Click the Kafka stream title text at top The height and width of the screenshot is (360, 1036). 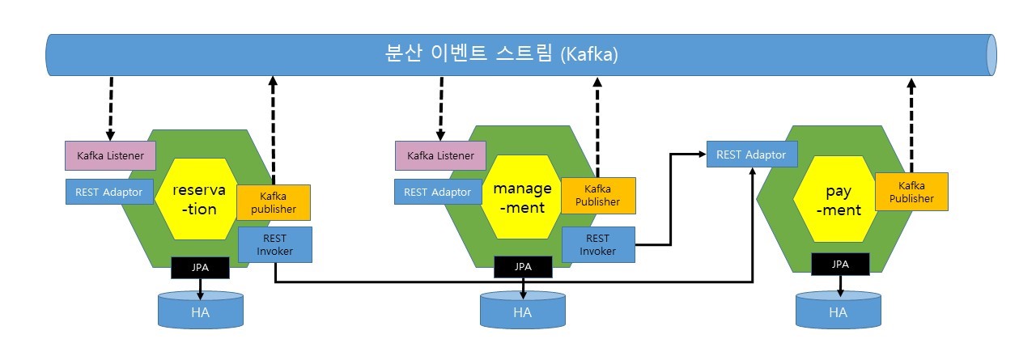pyautogui.click(x=502, y=55)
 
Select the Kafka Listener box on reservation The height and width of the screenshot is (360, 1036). pyautogui.click(x=109, y=155)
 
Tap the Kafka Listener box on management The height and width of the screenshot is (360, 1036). pyautogui.click(x=439, y=155)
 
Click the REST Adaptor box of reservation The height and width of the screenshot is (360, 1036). pyautogui.click(x=108, y=192)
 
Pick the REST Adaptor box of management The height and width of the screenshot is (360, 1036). pyautogui.click(x=437, y=192)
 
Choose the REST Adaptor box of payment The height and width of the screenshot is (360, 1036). pyautogui.click(x=752, y=154)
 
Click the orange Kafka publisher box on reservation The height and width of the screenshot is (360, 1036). pyautogui.click(x=273, y=203)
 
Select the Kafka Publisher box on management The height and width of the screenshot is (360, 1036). pyautogui.click(x=597, y=196)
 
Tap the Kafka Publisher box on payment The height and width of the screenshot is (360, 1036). pyautogui.click(x=911, y=193)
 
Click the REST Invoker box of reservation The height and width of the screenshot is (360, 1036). pyautogui.click(x=275, y=244)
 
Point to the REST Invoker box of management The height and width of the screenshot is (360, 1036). pyautogui.click(x=597, y=244)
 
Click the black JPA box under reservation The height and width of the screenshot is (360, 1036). pyautogui.click(x=200, y=267)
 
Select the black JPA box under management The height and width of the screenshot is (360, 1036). pyautogui.click(x=523, y=266)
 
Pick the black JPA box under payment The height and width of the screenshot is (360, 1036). pyautogui.click(x=840, y=264)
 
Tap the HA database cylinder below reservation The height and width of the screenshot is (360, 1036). pyautogui.click(x=200, y=311)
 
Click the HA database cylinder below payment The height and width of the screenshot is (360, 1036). pyautogui.click(x=839, y=311)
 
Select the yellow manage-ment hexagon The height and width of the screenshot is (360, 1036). pyautogui.click(x=522, y=198)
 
